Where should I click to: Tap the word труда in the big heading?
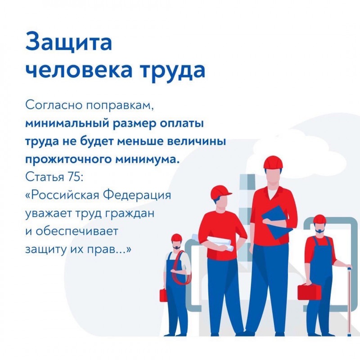click(173, 71)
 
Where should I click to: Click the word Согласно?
click(54, 105)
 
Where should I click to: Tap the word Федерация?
click(137, 196)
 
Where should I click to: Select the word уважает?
click(48, 214)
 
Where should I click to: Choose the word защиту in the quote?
click(45, 250)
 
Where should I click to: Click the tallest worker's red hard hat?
click(273, 162)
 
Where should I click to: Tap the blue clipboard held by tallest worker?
click(277, 222)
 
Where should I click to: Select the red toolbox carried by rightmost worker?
click(309, 292)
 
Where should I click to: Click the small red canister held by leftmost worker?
click(163, 295)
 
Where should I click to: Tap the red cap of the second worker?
click(220, 193)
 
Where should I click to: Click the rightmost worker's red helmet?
click(319, 219)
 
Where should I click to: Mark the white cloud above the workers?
click(298, 149)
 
